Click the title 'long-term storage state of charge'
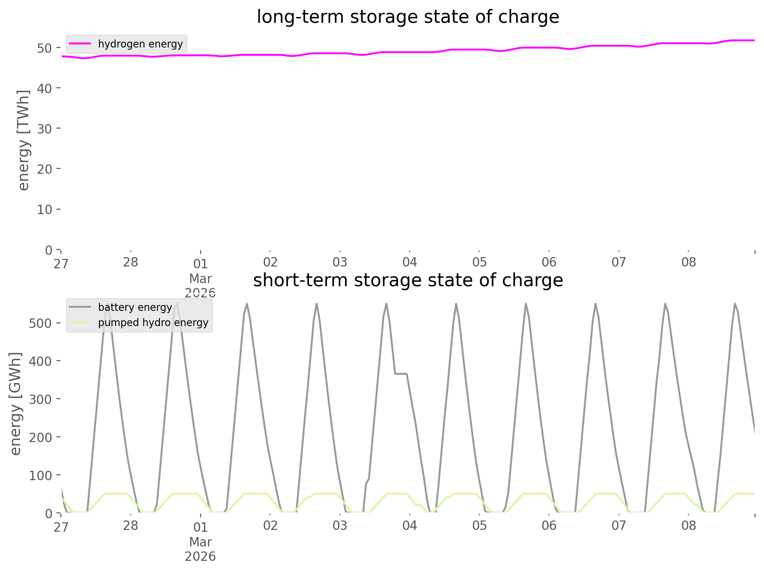408,17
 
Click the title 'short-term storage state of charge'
408,280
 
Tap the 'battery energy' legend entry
135,307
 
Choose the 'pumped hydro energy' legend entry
153,323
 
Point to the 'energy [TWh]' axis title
23,140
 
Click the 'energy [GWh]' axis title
16,404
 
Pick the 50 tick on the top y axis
45,48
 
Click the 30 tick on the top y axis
45,129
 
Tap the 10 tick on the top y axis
45,209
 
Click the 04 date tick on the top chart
409,262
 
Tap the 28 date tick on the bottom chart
130,525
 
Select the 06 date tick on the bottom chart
549,525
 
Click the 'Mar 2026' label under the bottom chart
200,549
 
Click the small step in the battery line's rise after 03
367,481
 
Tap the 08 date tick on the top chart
689,262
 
